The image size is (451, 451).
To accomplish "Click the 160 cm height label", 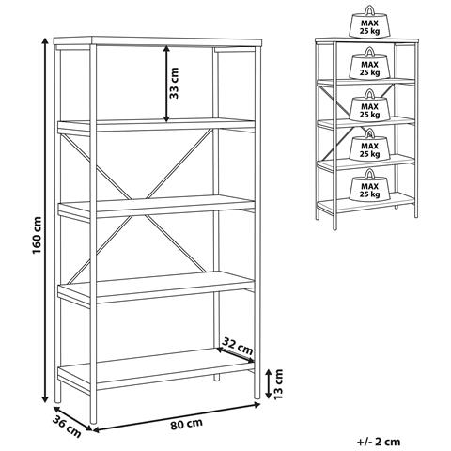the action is (x=38, y=235).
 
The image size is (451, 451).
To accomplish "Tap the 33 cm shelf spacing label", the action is (x=174, y=84).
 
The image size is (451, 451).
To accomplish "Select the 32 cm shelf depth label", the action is (x=237, y=346).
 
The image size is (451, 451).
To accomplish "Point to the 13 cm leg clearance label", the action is (x=278, y=384).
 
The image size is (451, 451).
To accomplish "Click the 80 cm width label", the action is (x=186, y=424).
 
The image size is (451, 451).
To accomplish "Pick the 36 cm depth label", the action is (x=67, y=427).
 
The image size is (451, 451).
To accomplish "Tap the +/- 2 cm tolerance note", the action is (x=379, y=442).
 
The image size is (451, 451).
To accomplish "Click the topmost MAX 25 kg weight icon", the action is (x=369, y=23).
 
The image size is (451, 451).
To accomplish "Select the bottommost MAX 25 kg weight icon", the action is (x=369, y=185).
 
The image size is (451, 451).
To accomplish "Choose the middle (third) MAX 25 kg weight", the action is (x=369, y=105).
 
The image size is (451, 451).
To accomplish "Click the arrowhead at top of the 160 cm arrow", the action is (x=45, y=41).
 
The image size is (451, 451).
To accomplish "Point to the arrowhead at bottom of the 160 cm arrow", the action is (x=45, y=398).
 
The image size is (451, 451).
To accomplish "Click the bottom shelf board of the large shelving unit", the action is (x=156, y=369).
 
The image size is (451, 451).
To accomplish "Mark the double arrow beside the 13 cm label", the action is (x=269, y=383).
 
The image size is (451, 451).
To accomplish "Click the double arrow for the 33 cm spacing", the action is (x=166, y=84).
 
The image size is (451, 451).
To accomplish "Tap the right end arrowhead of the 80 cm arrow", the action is (x=257, y=405).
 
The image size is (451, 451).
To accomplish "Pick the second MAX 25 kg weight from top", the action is (x=369, y=63).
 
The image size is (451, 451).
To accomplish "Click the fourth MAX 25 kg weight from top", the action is (x=369, y=145).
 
